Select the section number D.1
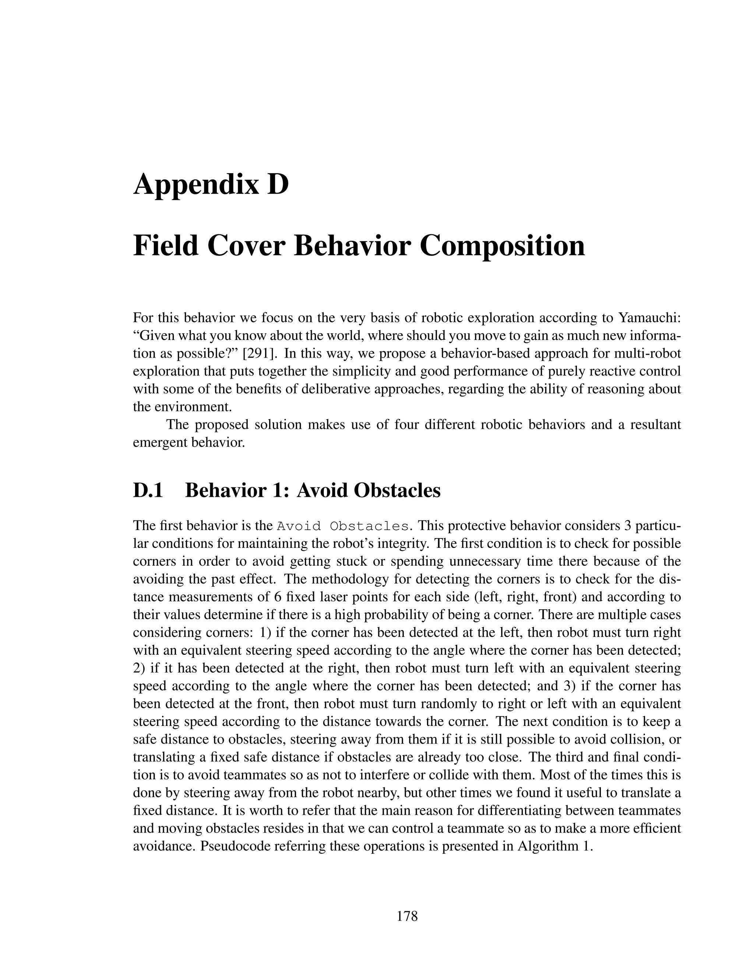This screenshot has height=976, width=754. click(x=148, y=490)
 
